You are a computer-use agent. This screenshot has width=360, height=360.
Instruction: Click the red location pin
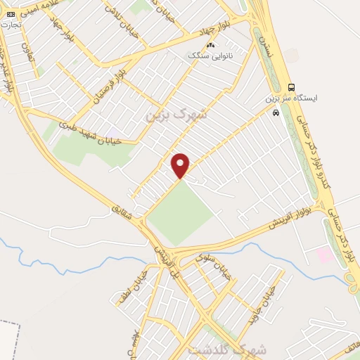(181, 165)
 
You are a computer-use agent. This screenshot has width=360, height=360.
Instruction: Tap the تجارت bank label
(11, 25)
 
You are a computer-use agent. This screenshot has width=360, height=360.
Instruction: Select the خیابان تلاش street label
(116, 12)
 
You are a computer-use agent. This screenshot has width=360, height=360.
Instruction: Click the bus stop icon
(292, 87)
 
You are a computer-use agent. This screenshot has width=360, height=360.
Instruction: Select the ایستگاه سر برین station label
(292, 99)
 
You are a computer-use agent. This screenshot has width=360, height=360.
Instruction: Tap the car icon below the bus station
(276, 112)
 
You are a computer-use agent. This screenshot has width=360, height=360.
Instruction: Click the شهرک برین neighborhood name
(176, 115)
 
